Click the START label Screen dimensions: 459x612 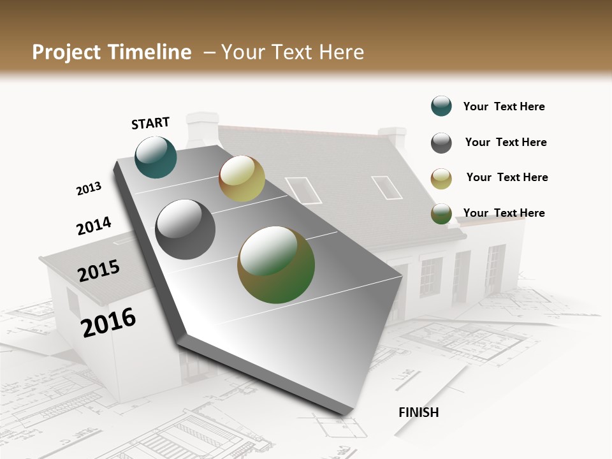click(150, 123)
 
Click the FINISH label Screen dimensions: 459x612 click(418, 412)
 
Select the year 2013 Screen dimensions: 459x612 click(89, 189)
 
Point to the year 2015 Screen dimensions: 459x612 click(99, 271)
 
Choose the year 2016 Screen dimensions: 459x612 click(108, 322)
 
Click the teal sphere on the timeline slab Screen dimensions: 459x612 click(156, 157)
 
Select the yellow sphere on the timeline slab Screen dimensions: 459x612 click(242, 178)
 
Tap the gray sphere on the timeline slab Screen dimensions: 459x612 click(186, 229)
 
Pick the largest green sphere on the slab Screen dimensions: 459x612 click(276, 265)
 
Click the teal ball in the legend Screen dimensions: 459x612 click(441, 106)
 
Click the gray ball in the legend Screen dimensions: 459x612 click(441, 143)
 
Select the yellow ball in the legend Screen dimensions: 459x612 click(441, 178)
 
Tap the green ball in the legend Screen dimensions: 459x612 click(441, 214)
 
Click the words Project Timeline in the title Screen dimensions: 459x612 click(112, 52)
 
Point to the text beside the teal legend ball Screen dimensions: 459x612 click(504, 107)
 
